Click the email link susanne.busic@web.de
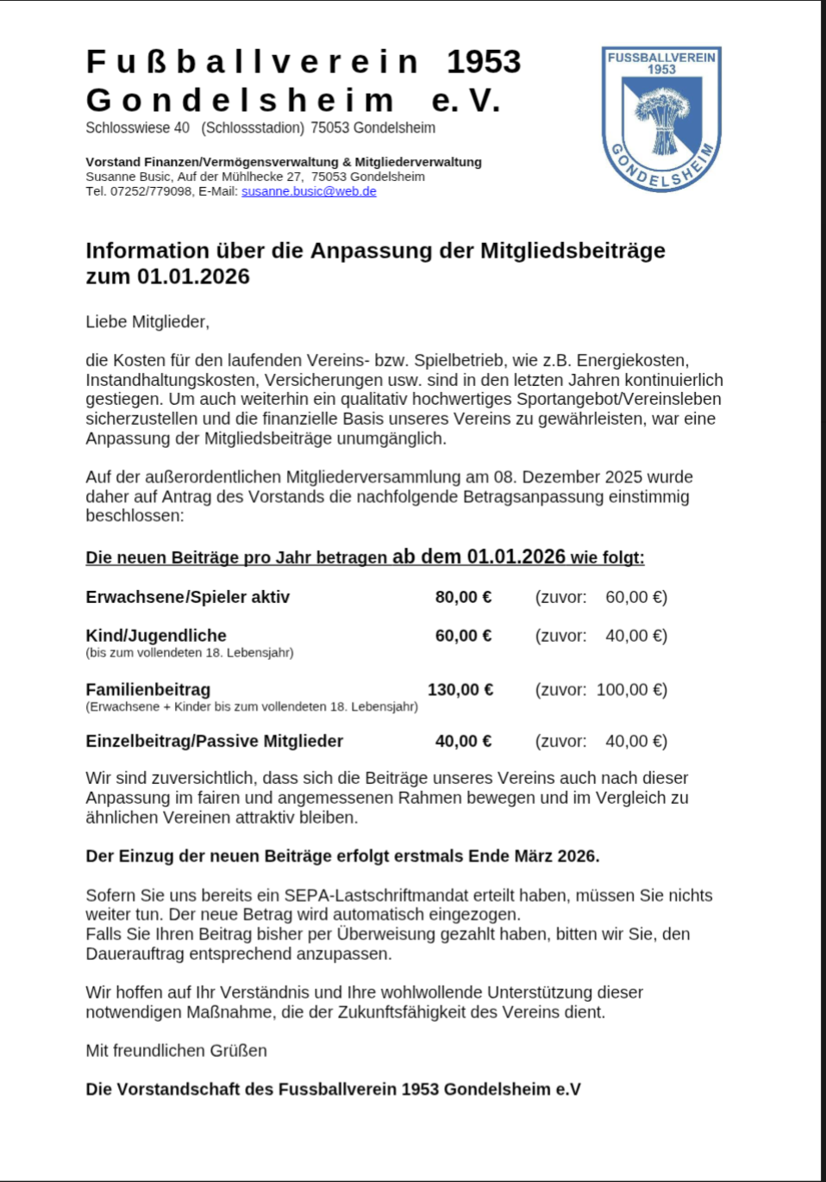pyautogui.click(x=309, y=191)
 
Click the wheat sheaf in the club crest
pyautogui.click(x=662, y=121)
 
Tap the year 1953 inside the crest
pyautogui.click(x=661, y=70)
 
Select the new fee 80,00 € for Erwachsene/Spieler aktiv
pyautogui.click(x=463, y=597)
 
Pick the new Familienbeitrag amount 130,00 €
pyautogui.click(x=460, y=689)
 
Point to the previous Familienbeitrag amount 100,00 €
pyautogui.click(x=631, y=689)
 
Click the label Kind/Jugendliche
pyautogui.click(x=156, y=636)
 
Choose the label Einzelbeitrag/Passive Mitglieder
pyautogui.click(x=214, y=741)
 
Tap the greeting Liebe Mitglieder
pyautogui.click(x=147, y=322)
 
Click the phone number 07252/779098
pyautogui.click(x=151, y=191)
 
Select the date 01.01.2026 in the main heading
pyautogui.click(x=193, y=277)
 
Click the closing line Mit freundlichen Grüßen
pyautogui.click(x=176, y=1051)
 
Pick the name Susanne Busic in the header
pyautogui.click(x=128, y=177)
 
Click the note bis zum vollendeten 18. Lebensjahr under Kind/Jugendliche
pyautogui.click(x=190, y=653)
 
